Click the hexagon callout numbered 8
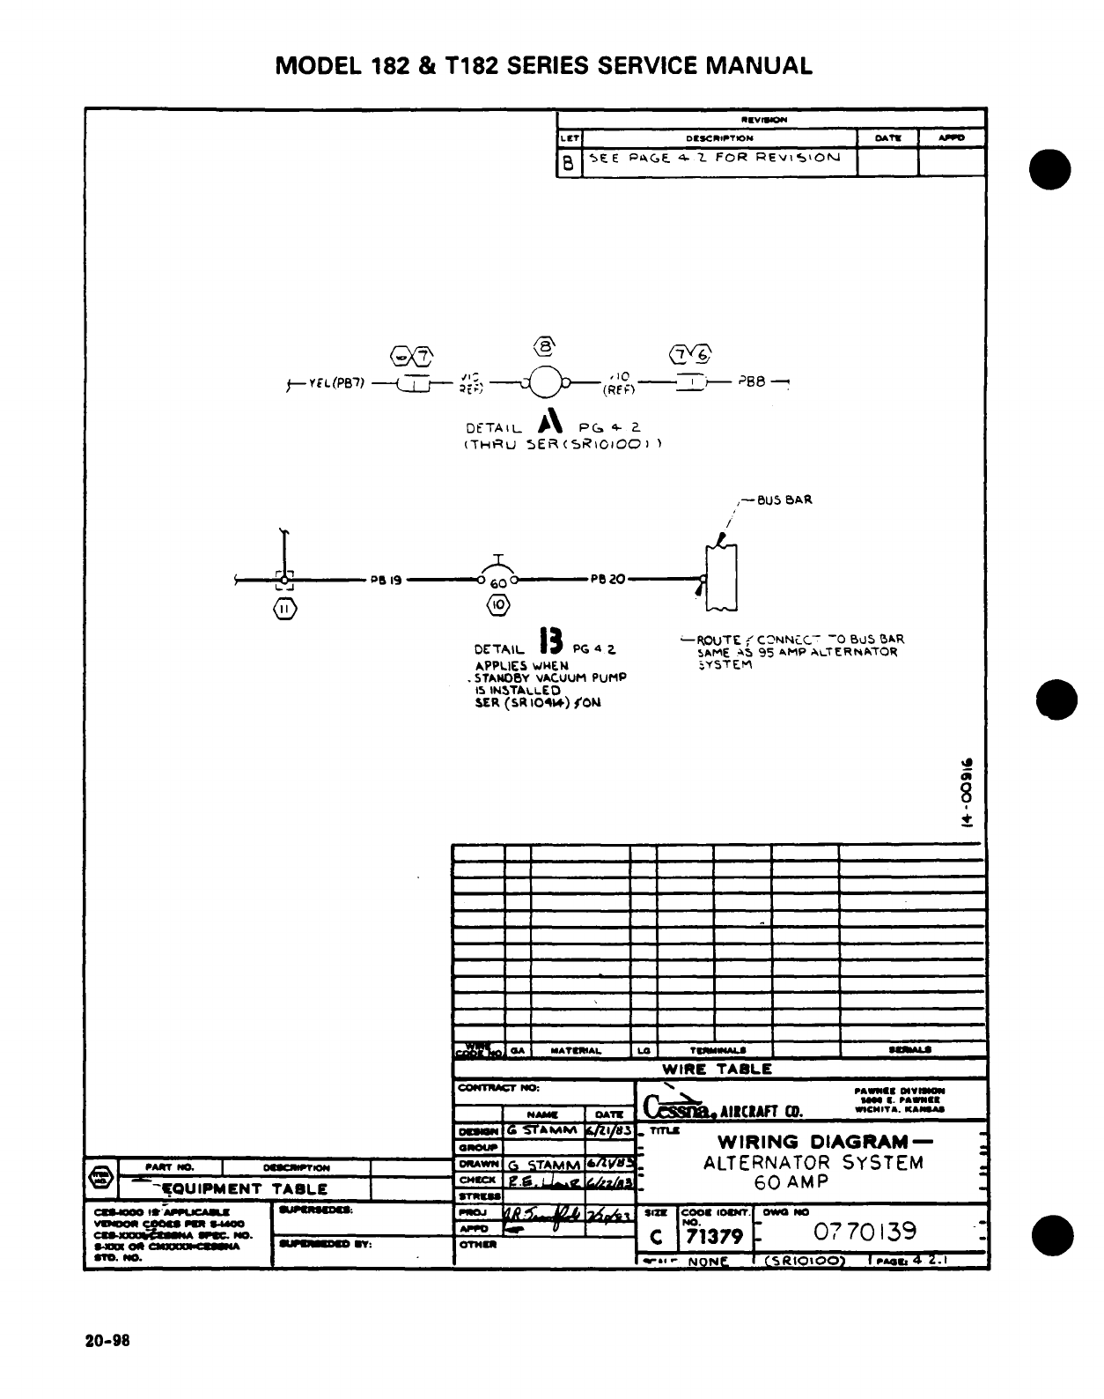pos(545,344)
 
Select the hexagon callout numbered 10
pos(498,605)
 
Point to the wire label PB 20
pos(607,580)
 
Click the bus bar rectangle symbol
pos(721,577)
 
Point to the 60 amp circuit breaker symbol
pos(498,579)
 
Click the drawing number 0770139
pos(865,1230)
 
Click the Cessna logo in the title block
pos(675,1105)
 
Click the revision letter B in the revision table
pos(569,162)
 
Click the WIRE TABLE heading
pos(717,1070)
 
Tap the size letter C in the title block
pos(655,1236)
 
